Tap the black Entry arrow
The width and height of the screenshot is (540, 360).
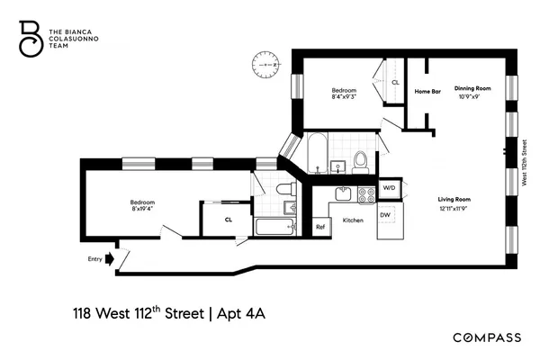(x=110, y=259)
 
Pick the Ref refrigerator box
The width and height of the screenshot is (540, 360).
(x=319, y=227)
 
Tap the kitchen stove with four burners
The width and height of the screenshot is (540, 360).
(x=366, y=193)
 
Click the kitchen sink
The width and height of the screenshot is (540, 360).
(x=343, y=193)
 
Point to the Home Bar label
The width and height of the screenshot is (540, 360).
(x=426, y=91)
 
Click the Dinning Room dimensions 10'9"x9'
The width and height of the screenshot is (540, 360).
(x=471, y=96)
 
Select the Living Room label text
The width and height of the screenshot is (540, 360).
(x=453, y=199)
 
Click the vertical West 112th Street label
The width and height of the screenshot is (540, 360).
(x=524, y=162)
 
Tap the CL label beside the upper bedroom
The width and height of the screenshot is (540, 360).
(x=394, y=82)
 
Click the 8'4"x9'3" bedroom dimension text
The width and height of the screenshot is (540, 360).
(x=344, y=96)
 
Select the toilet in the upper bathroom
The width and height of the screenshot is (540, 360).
(x=360, y=162)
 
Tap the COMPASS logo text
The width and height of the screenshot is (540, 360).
(x=486, y=337)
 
